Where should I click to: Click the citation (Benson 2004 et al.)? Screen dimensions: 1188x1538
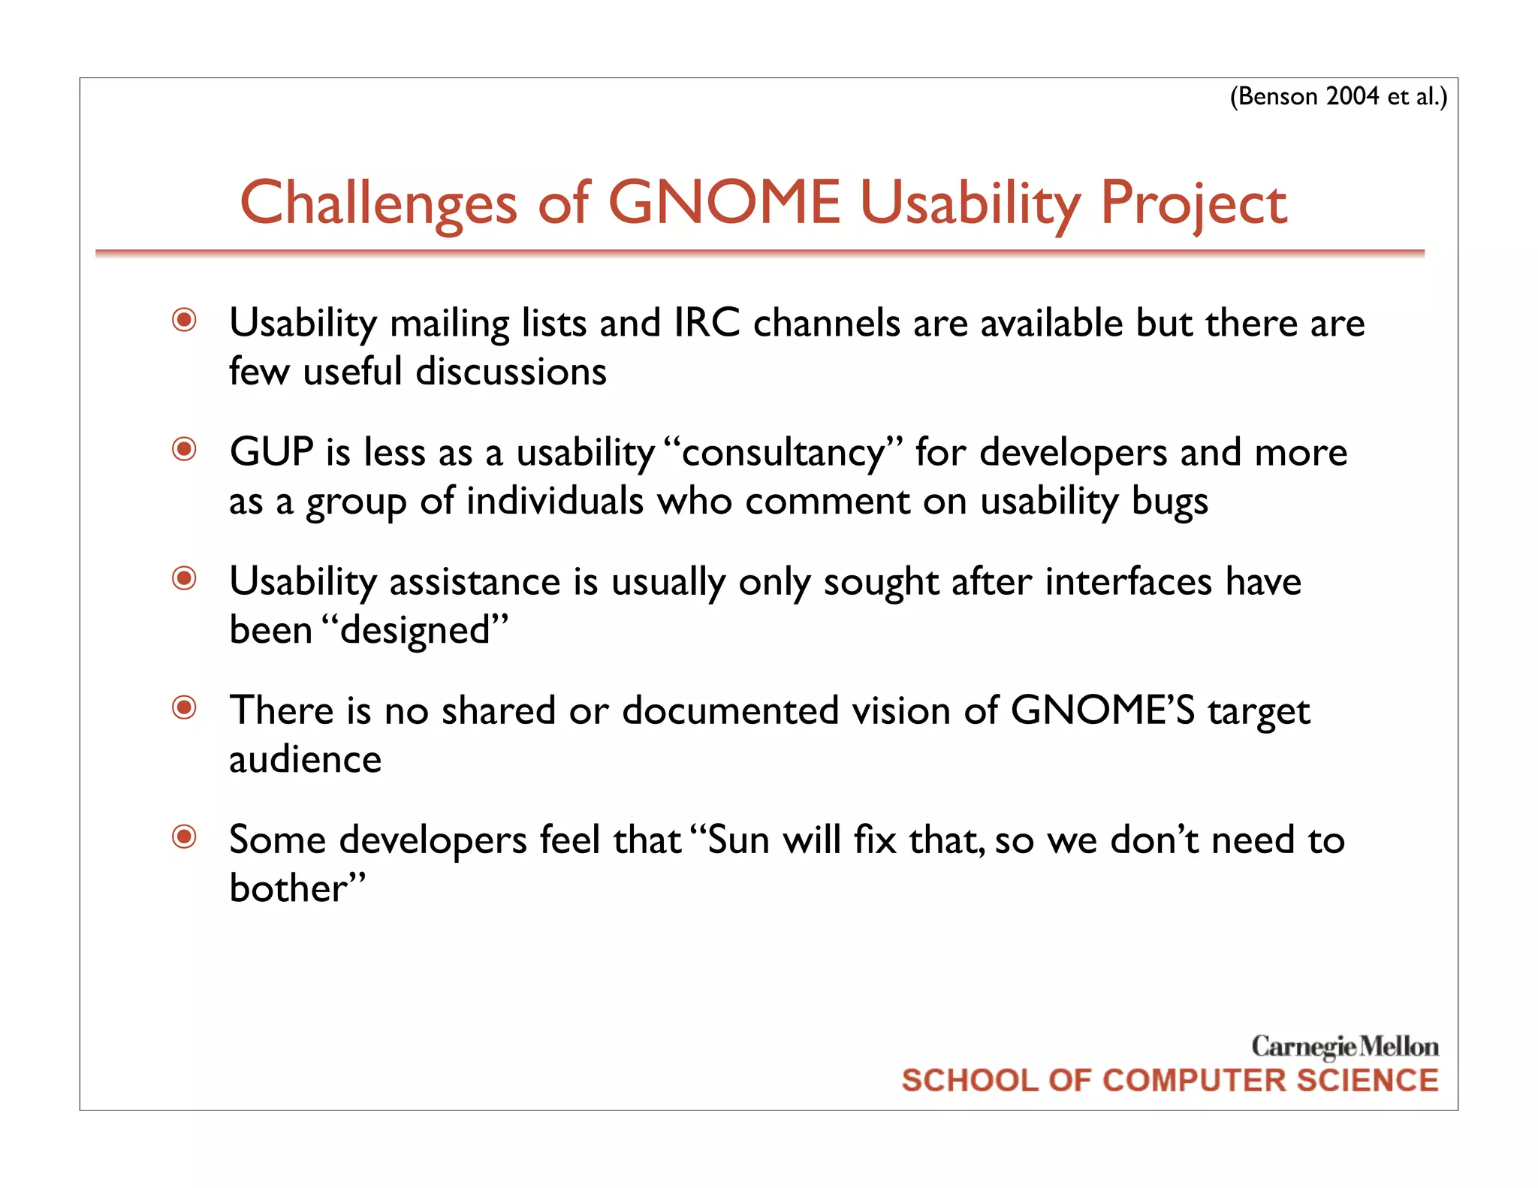pos(1337,97)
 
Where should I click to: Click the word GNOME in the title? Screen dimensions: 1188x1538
pos(724,203)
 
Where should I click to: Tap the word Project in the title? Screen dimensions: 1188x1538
pos(1193,204)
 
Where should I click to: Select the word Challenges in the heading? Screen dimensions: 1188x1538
pos(378,204)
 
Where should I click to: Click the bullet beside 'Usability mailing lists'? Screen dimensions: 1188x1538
pos(184,320)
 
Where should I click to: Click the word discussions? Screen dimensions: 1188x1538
pos(511,372)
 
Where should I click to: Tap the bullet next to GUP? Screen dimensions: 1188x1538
pos(184,449)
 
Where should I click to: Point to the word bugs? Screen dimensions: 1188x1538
pos(1169,502)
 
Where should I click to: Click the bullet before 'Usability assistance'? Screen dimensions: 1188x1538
pos(184,578)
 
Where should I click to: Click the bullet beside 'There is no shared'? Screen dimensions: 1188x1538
pos(184,707)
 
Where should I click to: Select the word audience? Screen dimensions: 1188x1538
pos(305,759)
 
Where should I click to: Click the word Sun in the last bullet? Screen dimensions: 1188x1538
pos(738,840)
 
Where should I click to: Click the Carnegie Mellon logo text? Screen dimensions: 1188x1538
pos(1344,1046)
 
